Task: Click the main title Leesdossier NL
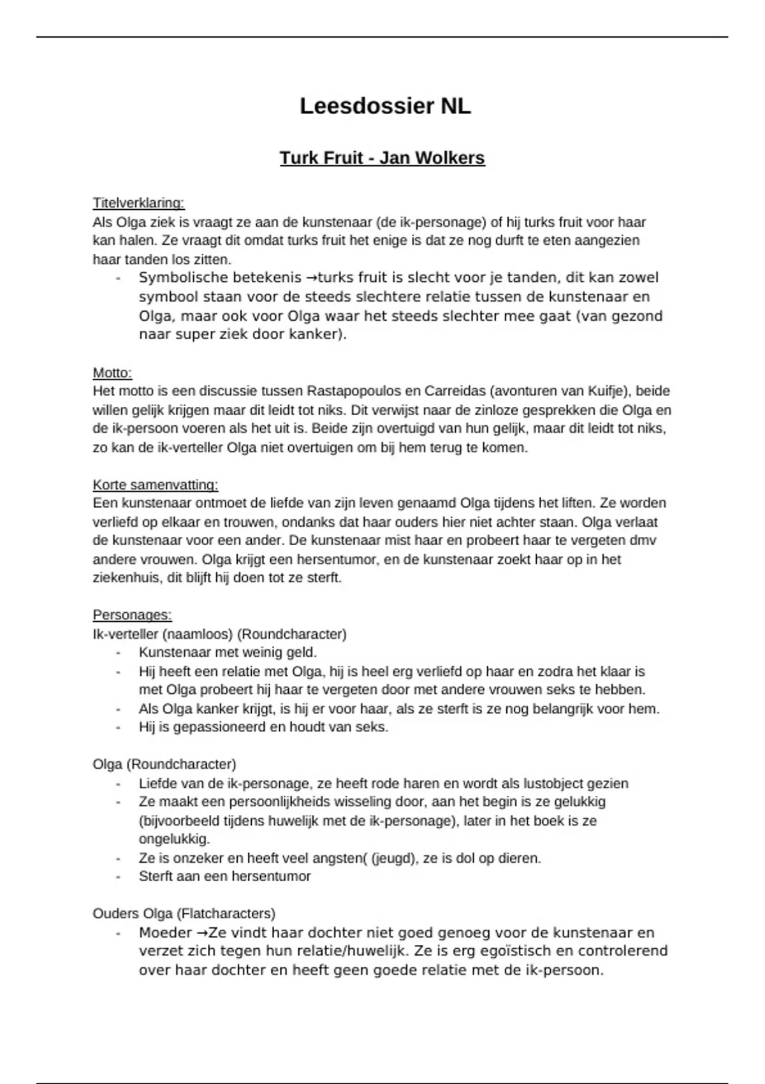(385, 106)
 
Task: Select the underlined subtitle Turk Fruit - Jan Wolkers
(382, 157)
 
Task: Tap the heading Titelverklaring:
(138, 203)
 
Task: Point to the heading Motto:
(112, 372)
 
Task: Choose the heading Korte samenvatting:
(156, 485)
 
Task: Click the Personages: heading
(132, 615)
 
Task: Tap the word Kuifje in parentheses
(604, 391)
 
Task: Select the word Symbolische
(178, 278)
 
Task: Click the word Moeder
(165, 933)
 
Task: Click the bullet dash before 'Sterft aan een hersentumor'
(119, 877)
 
